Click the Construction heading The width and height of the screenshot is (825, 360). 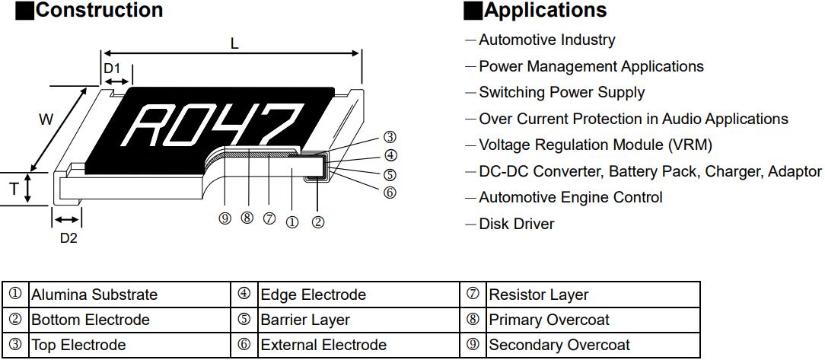point(99,11)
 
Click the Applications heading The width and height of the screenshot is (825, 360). point(545,11)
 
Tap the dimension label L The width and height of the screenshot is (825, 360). point(234,43)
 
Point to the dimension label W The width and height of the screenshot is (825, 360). point(46,119)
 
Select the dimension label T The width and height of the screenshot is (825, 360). point(14,190)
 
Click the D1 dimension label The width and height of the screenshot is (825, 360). point(112,68)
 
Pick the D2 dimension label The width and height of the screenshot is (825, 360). point(68,237)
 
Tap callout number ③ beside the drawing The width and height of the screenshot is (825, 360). point(390,138)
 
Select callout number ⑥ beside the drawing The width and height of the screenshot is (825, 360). point(390,193)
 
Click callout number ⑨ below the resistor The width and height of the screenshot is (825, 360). point(225,219)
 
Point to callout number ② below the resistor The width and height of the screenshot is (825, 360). point(318,222)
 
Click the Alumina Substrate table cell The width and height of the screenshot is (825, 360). point(94,295)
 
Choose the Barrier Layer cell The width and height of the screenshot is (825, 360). point(304,320)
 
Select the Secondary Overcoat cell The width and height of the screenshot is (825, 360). point(559,345)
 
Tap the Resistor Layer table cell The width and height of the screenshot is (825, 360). point(538,295)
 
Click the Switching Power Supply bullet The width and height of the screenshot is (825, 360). point(561,92)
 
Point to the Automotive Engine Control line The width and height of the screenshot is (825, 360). point(570,197)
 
